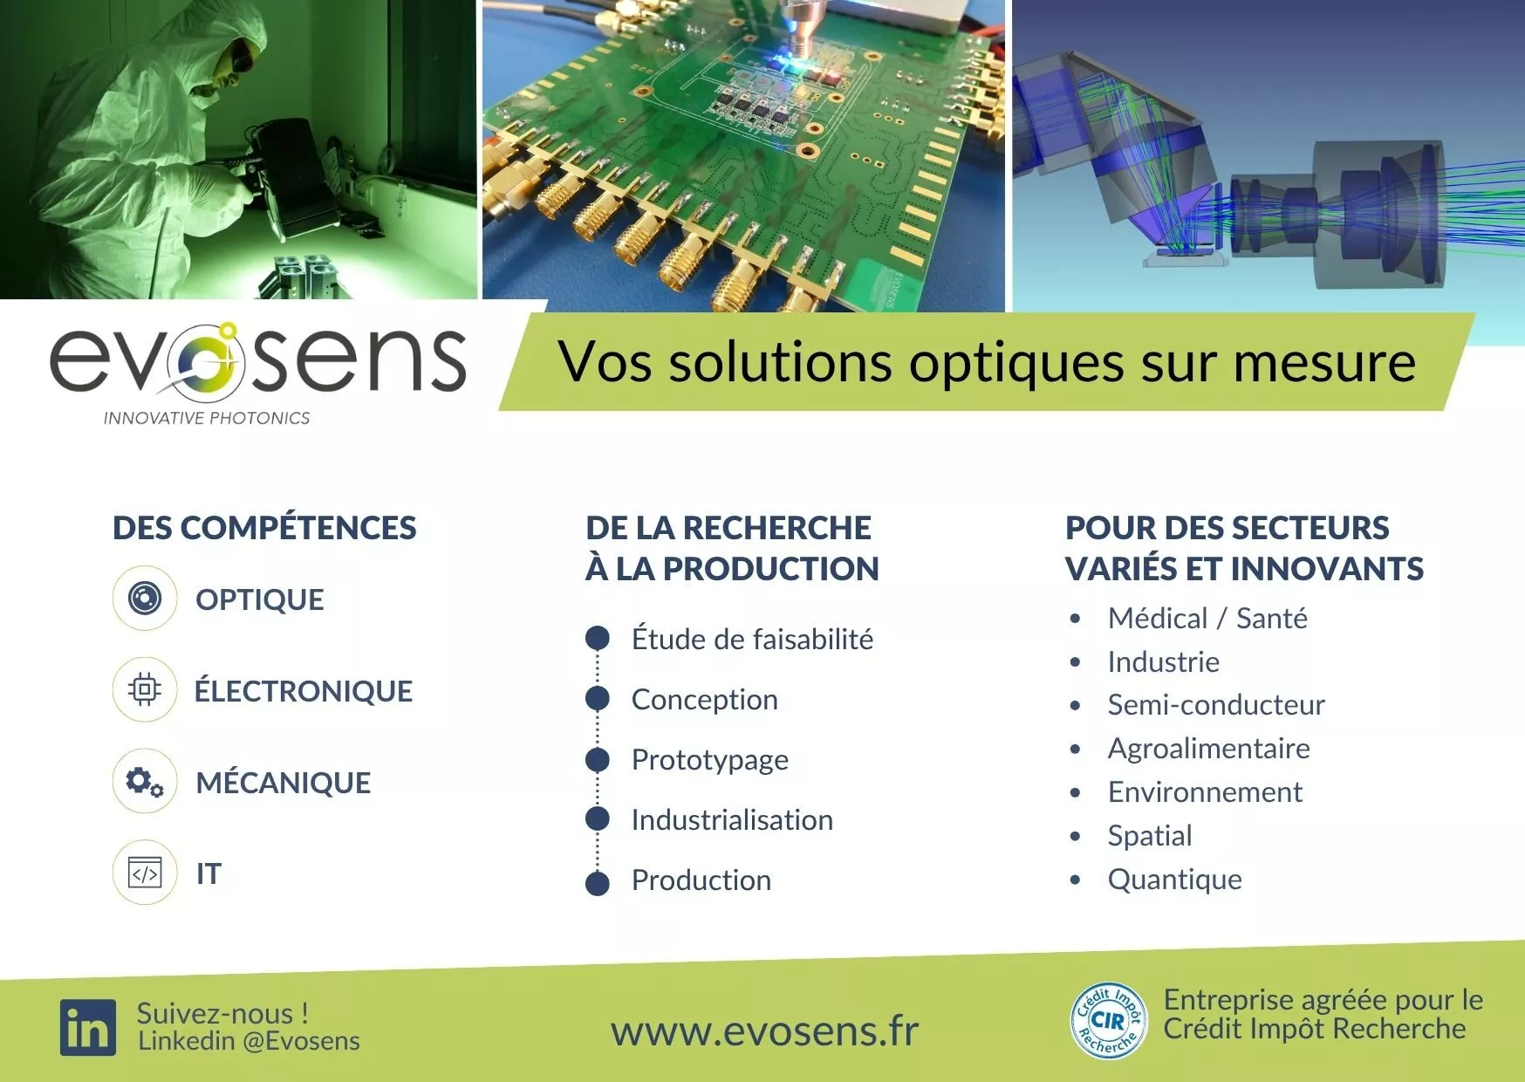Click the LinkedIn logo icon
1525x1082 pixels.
pos(88,1028)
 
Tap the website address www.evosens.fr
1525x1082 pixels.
pos(764,1031)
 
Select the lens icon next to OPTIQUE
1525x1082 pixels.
pos(145,599)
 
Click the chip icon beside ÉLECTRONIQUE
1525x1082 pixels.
pos(145,690)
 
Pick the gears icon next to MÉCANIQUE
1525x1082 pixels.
pos(145,782)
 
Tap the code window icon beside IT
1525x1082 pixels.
pos(145,873)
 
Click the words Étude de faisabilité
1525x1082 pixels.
pos(752,639)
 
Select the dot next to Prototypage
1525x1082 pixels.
pos(598,760)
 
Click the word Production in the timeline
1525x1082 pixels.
pos(701,880)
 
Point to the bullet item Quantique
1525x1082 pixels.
pos(1174,880)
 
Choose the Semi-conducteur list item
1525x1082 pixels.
pos(1216,705)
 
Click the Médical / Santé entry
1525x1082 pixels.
pos(1207,619)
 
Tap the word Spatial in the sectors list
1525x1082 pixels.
pos(1150,836)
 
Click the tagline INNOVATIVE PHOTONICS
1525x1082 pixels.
pos(207,419)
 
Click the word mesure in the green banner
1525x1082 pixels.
pos(1324,362)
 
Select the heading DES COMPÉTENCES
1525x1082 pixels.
pos(265,528)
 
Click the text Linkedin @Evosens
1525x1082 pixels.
pos(249,1041)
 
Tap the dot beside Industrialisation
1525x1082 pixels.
pos(598,819)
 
